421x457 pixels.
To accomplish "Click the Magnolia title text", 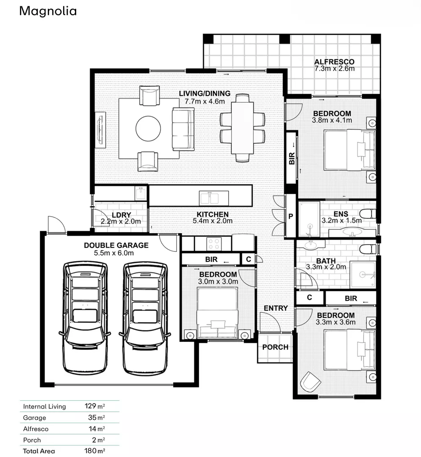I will (x=48, y=11).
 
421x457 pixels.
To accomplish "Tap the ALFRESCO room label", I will (x=334, y=62).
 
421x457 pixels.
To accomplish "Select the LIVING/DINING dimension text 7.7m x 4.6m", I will (x=205, y=101).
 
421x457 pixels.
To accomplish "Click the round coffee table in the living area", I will (x=148, y=128).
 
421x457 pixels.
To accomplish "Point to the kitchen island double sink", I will (x=214, y=198).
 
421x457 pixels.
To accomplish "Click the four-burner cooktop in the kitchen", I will (x=213, y=244).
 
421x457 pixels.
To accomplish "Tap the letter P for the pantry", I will (x=291, y=216).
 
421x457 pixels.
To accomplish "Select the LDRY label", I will (x=120, y=215).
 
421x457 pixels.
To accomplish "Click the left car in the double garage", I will (x=85, y=317).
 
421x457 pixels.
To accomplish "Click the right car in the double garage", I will (x=145, y=317).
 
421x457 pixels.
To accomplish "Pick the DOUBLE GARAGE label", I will (x=116, y=245).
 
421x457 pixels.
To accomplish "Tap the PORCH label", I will (x=275, y=347).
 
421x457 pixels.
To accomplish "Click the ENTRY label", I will (x=276, y=308).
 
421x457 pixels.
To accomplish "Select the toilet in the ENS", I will (x=367, y=213).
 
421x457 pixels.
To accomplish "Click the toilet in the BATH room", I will (x=367, y=249).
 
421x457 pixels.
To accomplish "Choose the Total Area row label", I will (x=39, y=451).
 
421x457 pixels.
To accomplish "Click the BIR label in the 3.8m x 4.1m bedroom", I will (x=291, y=159).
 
